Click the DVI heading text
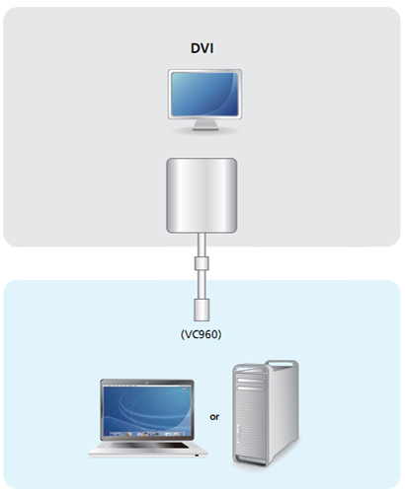click(202, 48)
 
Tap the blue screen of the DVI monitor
click(204, 94)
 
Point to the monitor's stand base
click(205, 129)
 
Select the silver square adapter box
click(202, 195)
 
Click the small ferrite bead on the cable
click(202, 263)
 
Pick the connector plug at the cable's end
click(202, 310)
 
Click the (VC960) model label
click(201, 334)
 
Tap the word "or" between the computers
click(214, 417)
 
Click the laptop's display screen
click(147, 411)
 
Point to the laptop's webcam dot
click(147, 383)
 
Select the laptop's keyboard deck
click(148, 449)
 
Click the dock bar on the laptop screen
click(147, 434)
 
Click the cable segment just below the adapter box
click(202, 246)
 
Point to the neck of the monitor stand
click(205, 123)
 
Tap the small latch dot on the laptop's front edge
click(197, 456)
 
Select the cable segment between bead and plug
click(202, 284)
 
